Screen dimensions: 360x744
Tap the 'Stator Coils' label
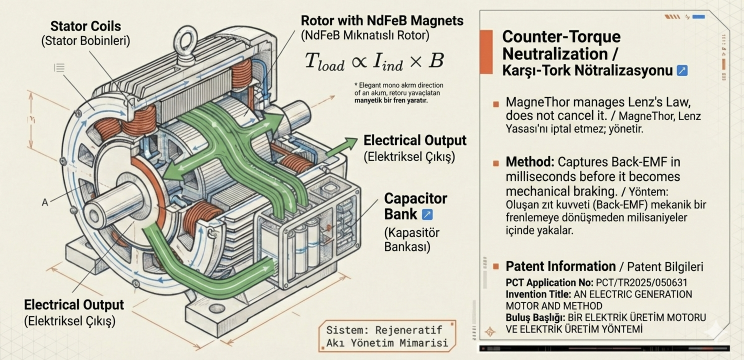pyautogui.click(x=85, y=26)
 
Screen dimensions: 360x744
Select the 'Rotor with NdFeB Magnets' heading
pyautogui.click(x=382, y=21)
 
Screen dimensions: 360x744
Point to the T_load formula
pyautogui.click(x=374, y=61)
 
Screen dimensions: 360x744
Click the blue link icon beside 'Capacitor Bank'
pyautogui.click(x=427, y=214)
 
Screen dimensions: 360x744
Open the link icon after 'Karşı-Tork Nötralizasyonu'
pyautogui.click(x=681, y=70)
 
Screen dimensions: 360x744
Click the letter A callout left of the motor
pyautogui.click(x=45, y=202)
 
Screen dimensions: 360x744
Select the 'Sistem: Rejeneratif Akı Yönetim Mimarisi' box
pyautogui.click(x=387, y=336)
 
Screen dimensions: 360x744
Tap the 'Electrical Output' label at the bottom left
pyautogui.click(x=73, y=304)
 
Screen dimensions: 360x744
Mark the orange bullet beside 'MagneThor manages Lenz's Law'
pyautogui.click(x=495, y=104)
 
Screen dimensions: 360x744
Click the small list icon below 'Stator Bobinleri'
pyautogui.click(x=59, y=67)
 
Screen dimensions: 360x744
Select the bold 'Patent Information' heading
pyautogui.click(x=560, y=266)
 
